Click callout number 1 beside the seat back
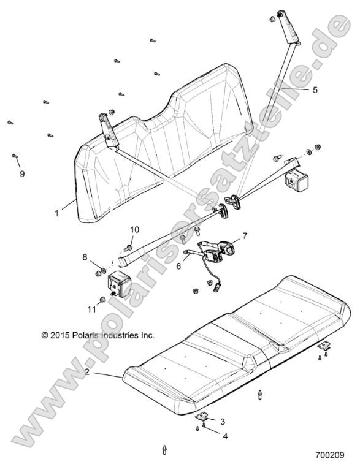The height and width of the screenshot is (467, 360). tap(56, 213)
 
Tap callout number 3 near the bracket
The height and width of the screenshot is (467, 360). tap(223, 422)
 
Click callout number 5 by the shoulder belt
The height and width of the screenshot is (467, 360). tap(315, 89)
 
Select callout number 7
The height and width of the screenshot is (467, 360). tap(244, 235)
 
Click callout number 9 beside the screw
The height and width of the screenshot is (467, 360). tap(22, 174)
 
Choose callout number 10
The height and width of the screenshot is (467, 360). tap(134, 230)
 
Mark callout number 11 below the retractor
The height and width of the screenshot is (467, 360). tap(91, 309)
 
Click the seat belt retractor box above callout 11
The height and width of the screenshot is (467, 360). tap(121, 286)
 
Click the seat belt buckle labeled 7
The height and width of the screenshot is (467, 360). tap(228, 248)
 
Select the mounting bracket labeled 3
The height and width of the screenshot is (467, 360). tap(202, 417)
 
